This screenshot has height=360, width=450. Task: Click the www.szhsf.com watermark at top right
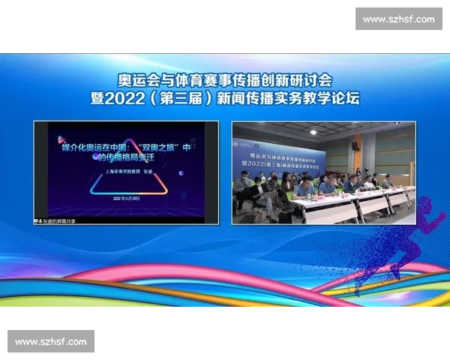(398, 19)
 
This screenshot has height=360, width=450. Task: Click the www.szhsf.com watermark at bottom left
(50, 342)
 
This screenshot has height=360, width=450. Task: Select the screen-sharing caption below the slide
(56, 220)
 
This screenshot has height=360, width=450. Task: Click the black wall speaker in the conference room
(354, 146)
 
